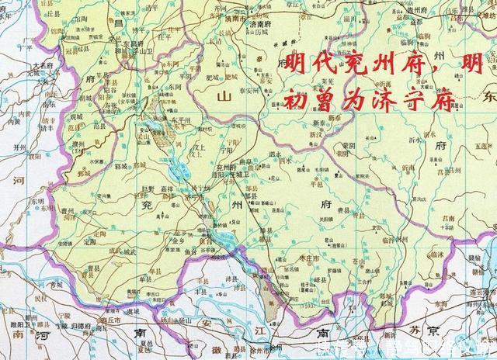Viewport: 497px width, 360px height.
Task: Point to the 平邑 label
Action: point(317,185)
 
